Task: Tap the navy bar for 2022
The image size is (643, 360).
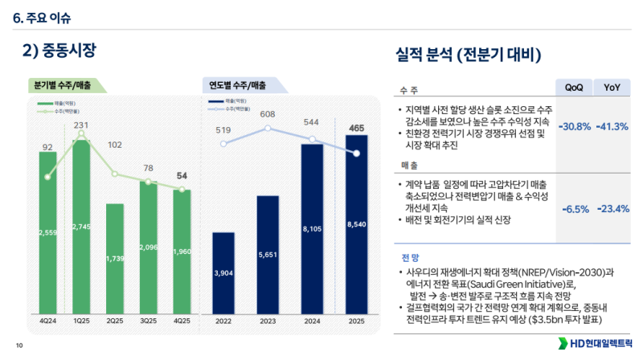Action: (x=223, y=273)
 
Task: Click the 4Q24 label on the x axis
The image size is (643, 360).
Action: (x=47, y=321)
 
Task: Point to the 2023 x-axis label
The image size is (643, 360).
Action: (x=268, y=321)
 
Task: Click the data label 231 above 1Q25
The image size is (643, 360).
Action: (x=81, y=125)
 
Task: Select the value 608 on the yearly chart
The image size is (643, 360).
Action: (x=268, y=115)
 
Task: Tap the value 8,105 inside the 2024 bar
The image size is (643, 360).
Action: (x=312, y=229)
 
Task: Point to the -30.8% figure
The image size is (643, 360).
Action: (x=575, y=127)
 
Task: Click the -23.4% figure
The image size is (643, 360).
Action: (x=612, y=209)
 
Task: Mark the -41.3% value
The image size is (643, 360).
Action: (x=612, y=127)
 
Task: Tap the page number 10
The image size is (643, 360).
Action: (x=18, y=346)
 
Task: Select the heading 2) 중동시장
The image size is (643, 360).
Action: (x=59, y=51)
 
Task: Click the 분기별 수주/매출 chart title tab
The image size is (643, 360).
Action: (x=63, y=85)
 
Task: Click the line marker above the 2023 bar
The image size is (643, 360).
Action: (x=268, y=128)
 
